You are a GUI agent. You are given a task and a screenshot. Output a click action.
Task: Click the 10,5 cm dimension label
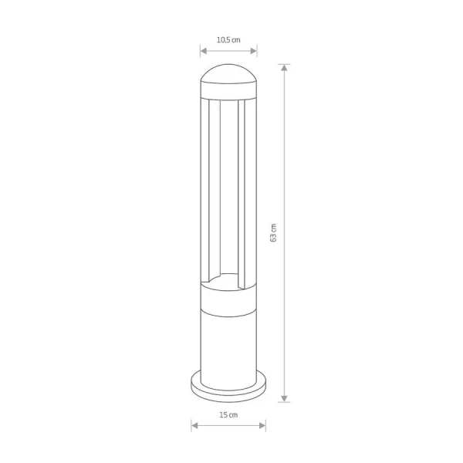click(x=228, y=39)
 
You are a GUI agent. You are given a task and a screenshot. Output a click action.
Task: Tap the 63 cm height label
click(x=273, y=233)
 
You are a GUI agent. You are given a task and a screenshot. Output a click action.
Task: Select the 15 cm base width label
click(x=228, y=415)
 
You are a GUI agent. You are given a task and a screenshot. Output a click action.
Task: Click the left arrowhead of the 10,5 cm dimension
click(x=204, y=51)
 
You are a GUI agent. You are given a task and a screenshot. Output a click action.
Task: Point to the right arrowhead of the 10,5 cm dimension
click(x=254, y=51)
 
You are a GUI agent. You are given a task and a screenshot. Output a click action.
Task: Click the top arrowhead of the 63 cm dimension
click(x=284, y=68)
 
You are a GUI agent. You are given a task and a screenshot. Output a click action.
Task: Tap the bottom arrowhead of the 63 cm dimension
click(x=284, y=399)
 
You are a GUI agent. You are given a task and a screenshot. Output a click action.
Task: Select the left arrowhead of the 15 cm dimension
click(x=194, y=425)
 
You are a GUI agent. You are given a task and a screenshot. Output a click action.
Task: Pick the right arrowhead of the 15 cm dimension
click(x=262, y=425)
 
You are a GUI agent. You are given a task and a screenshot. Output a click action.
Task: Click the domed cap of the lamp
click(x=228, y=73)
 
